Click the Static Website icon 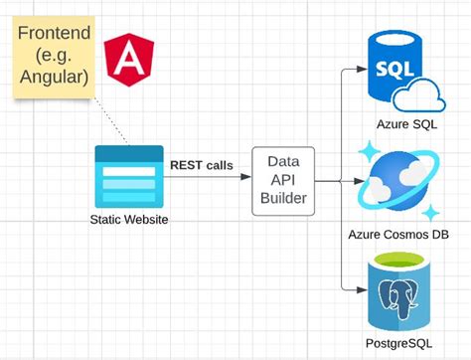(128, 173)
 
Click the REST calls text (202, 165)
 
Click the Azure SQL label (406, 123)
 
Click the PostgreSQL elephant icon (401, 292)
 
